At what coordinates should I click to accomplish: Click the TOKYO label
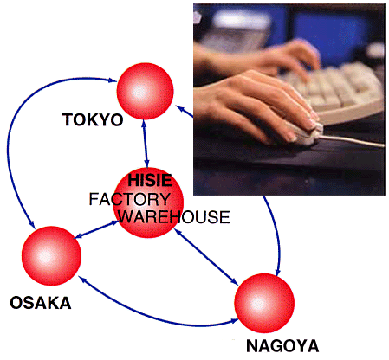[x=93, y=119]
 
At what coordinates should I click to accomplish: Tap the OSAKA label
[x=41, y=303]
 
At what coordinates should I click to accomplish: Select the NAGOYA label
[x=282, y=346]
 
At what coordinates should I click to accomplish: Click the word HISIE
[x=150, y=180]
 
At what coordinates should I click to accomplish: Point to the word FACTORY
[x=130, y=199]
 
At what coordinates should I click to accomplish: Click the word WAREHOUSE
[x=174, y=217]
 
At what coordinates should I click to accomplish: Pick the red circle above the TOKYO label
[x=146, y=91]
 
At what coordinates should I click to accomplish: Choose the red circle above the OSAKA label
[x=51, y=256]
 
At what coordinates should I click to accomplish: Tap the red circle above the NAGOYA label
[x=264, y=303]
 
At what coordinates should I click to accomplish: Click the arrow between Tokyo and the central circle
[x=145, y=144]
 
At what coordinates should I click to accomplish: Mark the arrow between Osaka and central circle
[x=97, y=229]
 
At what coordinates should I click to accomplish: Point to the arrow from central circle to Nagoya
[x=206, y=257]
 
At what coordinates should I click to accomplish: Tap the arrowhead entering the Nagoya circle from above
[x=277, y=272]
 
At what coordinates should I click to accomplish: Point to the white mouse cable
[x=353, y=140]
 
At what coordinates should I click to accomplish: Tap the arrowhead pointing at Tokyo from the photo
[x=180, y=109]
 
